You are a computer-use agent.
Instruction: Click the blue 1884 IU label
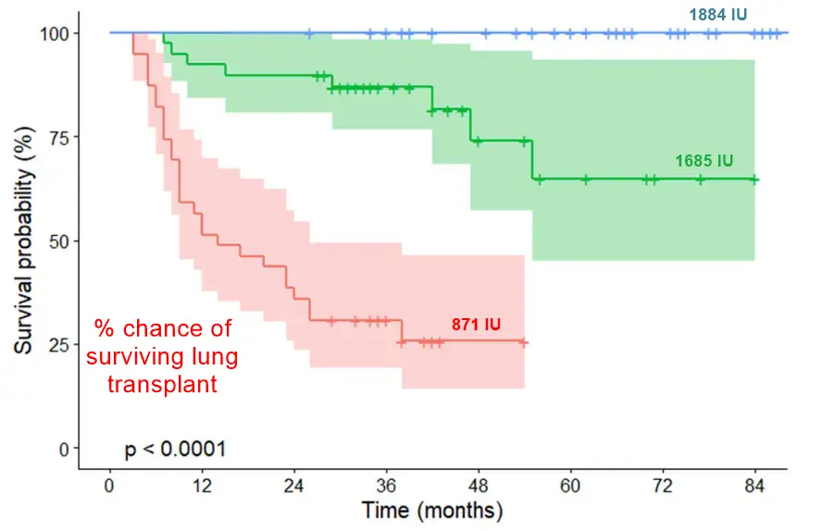pos(716,15)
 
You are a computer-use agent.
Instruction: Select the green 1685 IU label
pos(704,161)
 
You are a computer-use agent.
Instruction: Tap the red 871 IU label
pos(476,325)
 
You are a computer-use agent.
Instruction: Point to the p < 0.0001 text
pos(175,451)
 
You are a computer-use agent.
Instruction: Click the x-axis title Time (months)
pos(432,510)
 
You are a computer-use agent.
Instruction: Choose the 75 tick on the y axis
pos(58,137)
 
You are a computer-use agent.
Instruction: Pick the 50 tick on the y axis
pos(58,241)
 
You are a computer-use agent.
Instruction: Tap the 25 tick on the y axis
pos(58,345)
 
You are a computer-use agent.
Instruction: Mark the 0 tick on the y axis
pos(63,449)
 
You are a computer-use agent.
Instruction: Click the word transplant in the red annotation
pos(162,384)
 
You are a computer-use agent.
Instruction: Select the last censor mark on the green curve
pos(754,179)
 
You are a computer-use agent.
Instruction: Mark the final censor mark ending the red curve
pos(524,342)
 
